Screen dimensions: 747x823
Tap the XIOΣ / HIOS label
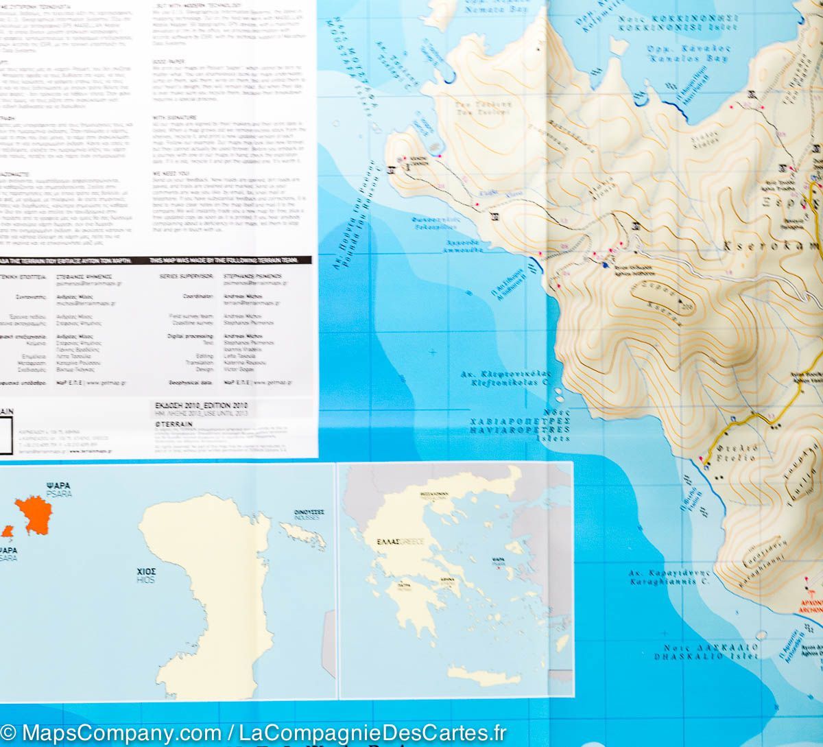(x=145, y=575)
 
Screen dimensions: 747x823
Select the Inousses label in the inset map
(x=310, y=514)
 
